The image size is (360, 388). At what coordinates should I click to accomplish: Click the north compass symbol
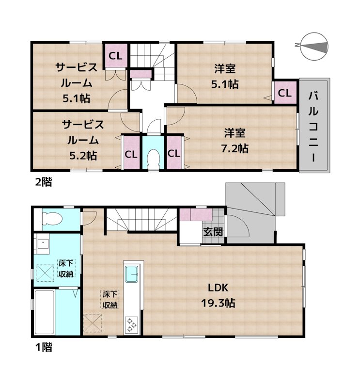tap(313, 46)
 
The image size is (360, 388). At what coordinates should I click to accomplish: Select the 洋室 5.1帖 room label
tap(224, 76)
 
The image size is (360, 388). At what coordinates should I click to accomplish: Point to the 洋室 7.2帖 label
tap(236, 140)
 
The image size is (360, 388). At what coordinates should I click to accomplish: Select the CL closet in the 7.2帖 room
tap(174, 154)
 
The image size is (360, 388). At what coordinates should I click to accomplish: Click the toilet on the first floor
tap(51, 221)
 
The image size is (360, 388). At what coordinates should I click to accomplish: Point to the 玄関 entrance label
tap(213, 232)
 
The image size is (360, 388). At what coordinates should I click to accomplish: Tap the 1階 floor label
tap(42, 347)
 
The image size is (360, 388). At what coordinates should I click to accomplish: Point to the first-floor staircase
tap(141, 221)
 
